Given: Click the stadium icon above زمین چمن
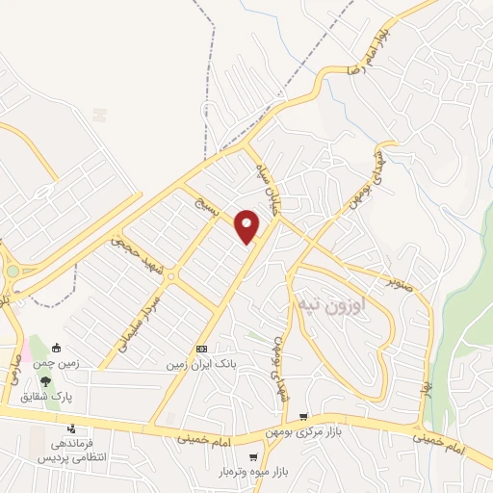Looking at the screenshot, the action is (x=57, y=349).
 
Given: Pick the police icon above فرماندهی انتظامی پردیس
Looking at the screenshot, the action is (x=70, y=429).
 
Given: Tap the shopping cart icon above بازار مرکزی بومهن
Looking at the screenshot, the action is (x=303, y=417).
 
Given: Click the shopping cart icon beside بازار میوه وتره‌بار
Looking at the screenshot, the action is (x=252, y=458).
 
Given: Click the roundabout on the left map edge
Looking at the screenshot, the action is (x=12, y=272).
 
